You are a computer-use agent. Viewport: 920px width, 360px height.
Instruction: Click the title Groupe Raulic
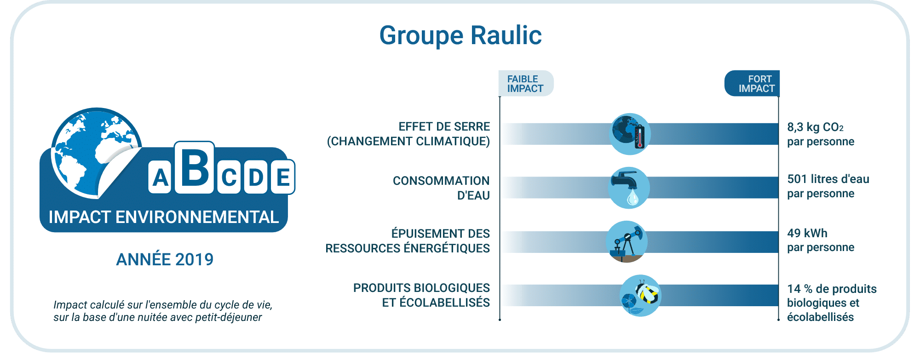[x=460, y=35]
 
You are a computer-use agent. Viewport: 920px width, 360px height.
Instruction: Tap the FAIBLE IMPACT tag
[x=526, y=83]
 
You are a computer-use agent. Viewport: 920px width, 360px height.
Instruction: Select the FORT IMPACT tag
[x=752, y=83]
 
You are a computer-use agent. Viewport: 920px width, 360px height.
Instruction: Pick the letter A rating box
[x=160, y=177]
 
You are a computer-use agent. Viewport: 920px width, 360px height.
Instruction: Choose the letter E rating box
[x=283, y=177]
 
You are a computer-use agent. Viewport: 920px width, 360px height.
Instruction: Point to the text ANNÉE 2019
[x=165, y=259]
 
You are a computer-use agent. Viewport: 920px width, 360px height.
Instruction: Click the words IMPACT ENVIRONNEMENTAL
[x=164, y=217]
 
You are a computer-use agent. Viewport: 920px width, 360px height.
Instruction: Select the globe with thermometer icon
[x=630, y=134]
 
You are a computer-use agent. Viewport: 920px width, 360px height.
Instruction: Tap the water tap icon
[x=629, y=188]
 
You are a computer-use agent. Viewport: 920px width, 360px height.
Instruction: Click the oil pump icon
[x=627, y=242]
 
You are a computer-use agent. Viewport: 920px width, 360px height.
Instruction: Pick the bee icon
[x=640, y=296]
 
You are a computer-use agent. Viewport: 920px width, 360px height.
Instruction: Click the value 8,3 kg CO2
[x=815, y=127]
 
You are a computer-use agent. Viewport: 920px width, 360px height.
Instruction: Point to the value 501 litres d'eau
[x=828, y=179]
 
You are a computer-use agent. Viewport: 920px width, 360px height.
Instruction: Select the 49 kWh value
[x=807, y=233]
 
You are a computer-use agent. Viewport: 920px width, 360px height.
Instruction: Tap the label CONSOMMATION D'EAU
[x=441, y=188]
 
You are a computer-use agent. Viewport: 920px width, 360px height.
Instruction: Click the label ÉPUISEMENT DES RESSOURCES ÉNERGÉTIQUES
[x=408, y=241]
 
